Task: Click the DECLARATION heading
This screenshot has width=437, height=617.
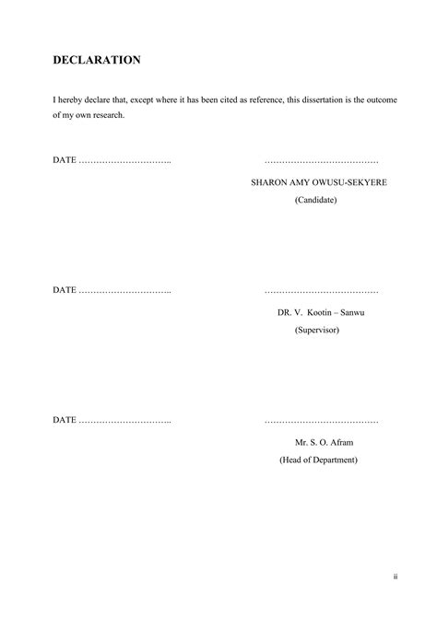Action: tap(96, 61)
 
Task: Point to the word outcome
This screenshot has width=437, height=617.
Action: tap(380, 99)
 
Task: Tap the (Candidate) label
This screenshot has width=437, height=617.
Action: tap(316, 200)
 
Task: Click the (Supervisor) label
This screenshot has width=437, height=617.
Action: tap(317, 329)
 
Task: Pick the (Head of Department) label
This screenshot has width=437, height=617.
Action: tap(318, 460)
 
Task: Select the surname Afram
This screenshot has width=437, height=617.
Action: tap(340, 443)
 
